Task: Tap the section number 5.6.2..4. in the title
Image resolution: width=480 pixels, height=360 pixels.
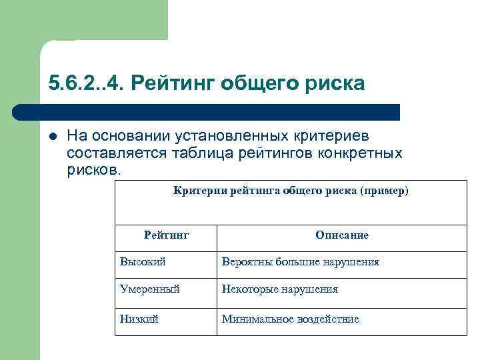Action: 86,83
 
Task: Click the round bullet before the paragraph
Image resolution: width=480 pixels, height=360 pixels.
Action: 53,136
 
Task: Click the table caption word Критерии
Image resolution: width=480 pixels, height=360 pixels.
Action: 200,191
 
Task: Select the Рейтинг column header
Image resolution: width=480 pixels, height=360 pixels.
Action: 167,235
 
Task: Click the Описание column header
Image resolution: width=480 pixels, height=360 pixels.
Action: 342,235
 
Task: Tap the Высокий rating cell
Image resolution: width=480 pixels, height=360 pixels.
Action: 143,262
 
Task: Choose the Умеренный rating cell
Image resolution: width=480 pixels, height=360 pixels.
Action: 150,289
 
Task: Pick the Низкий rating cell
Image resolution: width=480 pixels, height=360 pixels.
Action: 139,319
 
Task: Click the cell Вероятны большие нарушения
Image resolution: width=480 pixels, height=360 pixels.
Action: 300,262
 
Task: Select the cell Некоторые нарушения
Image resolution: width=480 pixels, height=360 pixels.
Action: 280,289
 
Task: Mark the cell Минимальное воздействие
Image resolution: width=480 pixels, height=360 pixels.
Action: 291,319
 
